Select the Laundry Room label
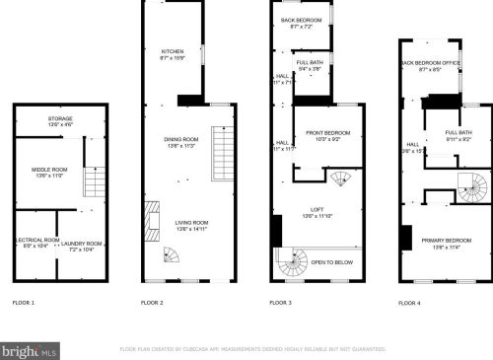click(x=86, y=245)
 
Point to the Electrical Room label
click(x=35, y=245)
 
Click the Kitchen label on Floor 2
click(x=173, y=54)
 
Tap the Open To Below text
click(x=331, y=262)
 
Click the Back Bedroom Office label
click(x=431, y=66)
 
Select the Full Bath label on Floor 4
click(x=458, y=135)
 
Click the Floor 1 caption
click(x=23, y=302)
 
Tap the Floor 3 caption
click(x=281, y=302)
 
